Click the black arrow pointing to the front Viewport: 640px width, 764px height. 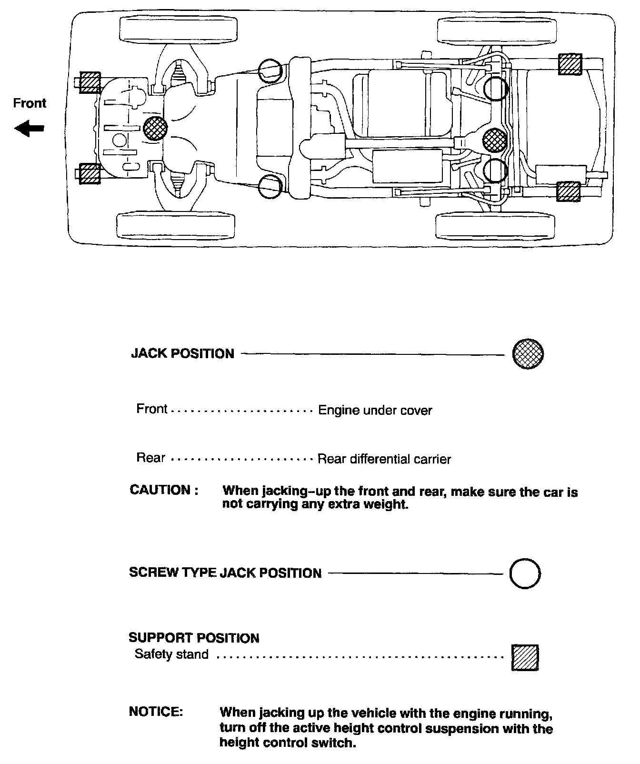pos(30,128)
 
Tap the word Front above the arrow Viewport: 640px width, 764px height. pos(30,103)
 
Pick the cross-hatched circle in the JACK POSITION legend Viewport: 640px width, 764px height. pos(528,354)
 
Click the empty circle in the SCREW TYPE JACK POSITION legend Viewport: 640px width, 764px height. pos(525,573)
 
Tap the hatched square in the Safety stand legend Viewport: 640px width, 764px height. pos(525,658)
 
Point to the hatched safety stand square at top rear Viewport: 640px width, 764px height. pos(570,65)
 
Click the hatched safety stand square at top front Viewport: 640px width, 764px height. pos(90,83)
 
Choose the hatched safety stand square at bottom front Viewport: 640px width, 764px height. pos(90,173)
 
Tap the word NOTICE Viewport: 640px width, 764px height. pos(156,712)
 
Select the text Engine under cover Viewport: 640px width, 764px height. pos(375,410)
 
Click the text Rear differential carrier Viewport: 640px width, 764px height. pos(384,459)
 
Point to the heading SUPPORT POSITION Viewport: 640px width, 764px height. pos(194,638)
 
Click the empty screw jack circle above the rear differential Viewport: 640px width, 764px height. pos(496,89)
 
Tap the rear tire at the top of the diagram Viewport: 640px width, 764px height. pos(496,30)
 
